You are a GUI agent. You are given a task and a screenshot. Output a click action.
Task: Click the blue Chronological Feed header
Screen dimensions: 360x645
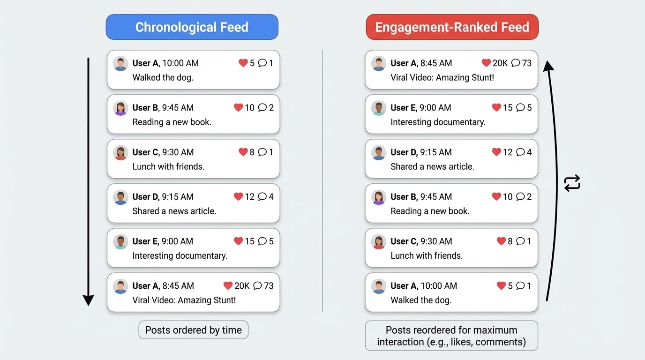tap(192, 27)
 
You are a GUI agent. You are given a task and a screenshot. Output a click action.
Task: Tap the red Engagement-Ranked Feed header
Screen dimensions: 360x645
tap(452, 27)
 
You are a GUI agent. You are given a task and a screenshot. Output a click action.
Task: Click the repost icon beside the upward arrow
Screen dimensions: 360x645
tap(572, 183)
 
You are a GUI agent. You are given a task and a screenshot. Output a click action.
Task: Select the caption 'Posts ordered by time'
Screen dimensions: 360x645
tap(193, 330)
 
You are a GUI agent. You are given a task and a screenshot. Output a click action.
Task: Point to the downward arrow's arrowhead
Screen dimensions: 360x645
tap(88, 300)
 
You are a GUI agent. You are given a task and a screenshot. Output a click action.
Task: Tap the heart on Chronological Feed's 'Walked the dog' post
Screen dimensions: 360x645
tap(243, 63)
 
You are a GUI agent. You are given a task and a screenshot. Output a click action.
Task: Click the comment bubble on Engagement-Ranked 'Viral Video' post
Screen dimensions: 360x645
tap(516, 63)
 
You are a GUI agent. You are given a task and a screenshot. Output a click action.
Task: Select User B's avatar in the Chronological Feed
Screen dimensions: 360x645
tap(120, 108)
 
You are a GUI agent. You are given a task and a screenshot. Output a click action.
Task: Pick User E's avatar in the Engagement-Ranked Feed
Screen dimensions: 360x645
tap(379, 108)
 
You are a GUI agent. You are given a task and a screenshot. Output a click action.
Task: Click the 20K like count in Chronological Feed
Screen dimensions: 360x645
tap(242, 285)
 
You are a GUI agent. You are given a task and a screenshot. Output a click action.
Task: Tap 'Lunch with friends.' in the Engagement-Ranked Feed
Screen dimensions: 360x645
tap(427, 255)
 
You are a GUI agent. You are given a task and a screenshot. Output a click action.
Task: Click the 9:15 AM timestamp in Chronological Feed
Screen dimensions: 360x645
tap(178, 197)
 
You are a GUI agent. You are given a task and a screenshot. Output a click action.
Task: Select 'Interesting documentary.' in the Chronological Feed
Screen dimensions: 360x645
tap(180, 255)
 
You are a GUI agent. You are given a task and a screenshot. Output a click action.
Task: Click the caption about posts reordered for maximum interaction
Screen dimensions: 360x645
tap(451, 336)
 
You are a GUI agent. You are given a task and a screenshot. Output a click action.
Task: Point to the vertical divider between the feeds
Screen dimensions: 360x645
tap(322, 180)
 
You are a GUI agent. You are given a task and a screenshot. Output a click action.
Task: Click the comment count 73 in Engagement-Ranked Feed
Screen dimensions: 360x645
tap(526, 63)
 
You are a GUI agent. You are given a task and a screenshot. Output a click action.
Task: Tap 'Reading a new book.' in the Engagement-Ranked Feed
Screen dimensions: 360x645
tap(430, 211)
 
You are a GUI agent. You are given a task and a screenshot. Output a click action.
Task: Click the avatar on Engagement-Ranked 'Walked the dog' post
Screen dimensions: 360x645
tap(379, 286)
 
